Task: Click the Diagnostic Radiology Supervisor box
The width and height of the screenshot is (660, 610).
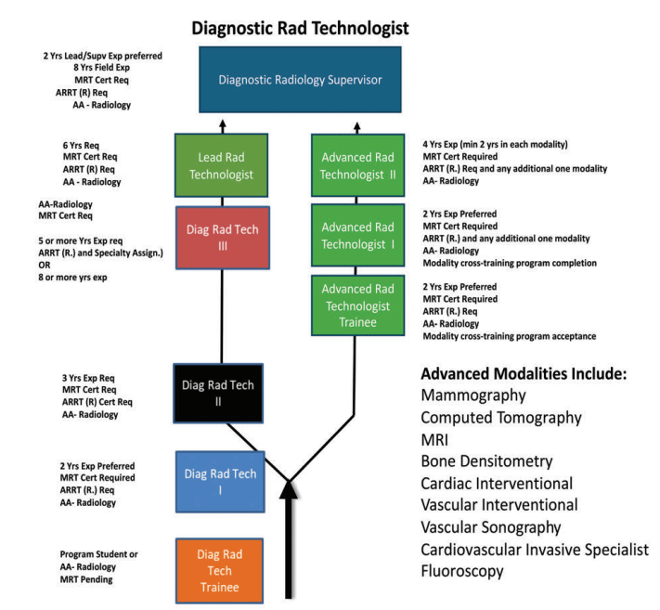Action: tap(299, 80)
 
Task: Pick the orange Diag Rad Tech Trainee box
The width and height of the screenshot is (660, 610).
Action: tap(220, 567)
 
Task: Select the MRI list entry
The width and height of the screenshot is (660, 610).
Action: tap(436, 440)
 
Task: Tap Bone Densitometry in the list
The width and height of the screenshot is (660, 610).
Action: tap(486, 461)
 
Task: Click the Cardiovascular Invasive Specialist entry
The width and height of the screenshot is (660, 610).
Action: tap(534, 551)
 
